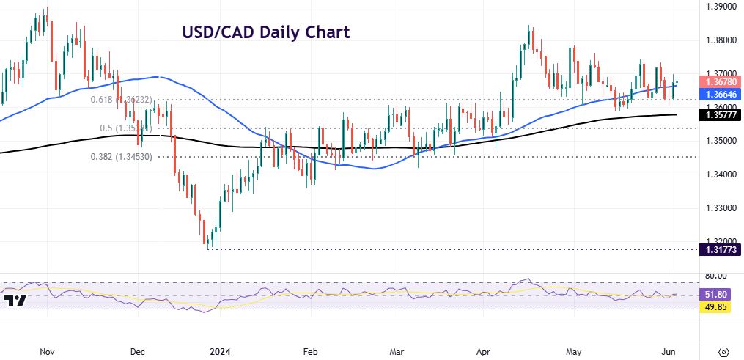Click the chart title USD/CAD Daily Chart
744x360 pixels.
(265, 32)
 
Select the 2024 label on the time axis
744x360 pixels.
(218, 352)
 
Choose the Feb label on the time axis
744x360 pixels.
(309, 352)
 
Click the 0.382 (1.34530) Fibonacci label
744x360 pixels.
(120, 156)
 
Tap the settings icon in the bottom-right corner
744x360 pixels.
(723, 351)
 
